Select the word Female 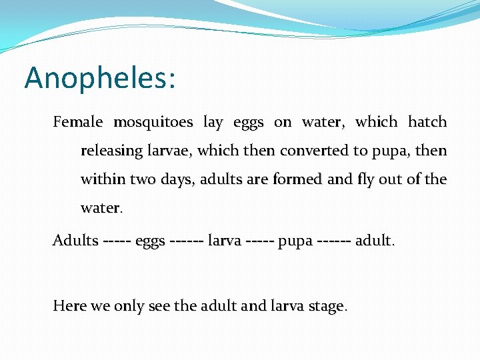pos(78,122)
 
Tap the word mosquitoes pos(153,122)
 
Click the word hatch pos(427,122)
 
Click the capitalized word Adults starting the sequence pos(75,240)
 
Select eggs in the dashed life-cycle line pos(151,241)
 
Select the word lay pos(213,122)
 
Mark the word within pos(100,180)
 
